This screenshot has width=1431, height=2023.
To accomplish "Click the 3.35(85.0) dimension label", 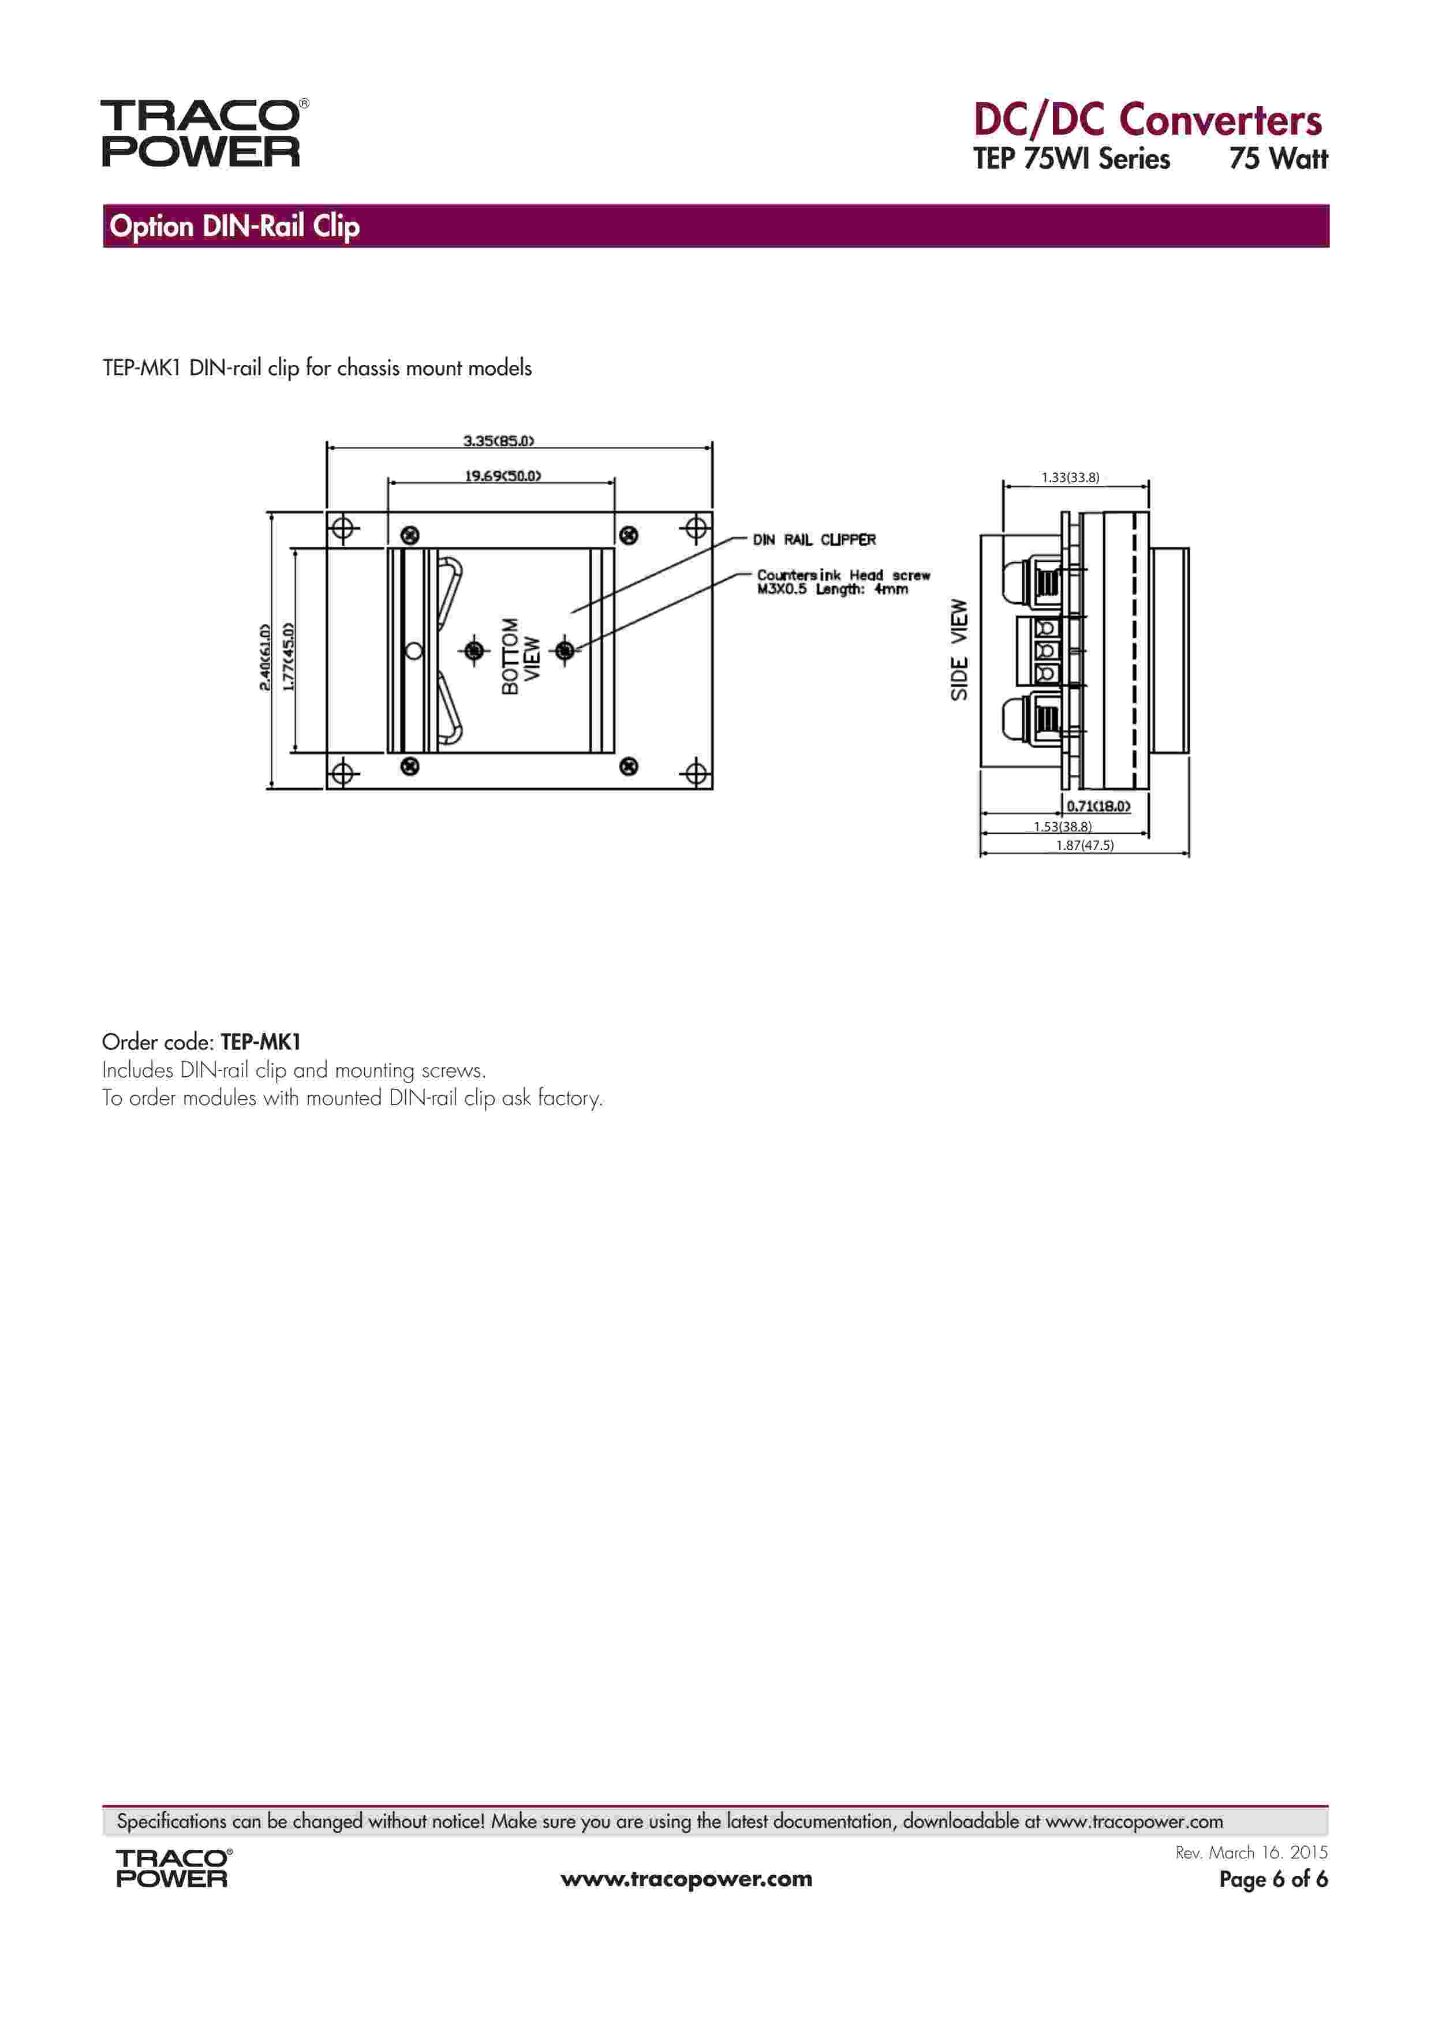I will tap(499, 441).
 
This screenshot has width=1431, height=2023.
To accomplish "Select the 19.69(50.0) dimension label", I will tap(502, 476).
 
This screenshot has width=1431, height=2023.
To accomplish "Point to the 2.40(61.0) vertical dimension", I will tap(264, 657).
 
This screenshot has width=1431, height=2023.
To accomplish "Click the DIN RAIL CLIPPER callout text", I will tap(814, 539).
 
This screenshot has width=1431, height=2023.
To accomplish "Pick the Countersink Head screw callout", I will tap(843, 581).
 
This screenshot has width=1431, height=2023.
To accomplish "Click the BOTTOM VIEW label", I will tap(521, 656).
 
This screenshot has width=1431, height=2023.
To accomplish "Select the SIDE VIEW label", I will tap(959, 650).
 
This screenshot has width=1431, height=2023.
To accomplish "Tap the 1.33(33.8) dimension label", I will tap(1070, 477).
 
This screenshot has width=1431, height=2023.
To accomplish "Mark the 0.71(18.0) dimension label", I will tap(1098, 805).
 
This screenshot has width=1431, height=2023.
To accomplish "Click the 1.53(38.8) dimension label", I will tap(1063, 827).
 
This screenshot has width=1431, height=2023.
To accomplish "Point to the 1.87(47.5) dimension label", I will tap(1085, 845).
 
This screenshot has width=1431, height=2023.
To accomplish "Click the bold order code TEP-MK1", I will tap(261, 1042).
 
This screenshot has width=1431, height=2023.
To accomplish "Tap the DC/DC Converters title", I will tap(1147, 120).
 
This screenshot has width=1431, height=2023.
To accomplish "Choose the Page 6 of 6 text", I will tap(1272, 1879).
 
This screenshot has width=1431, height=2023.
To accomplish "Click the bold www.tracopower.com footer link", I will tap(686, 1879).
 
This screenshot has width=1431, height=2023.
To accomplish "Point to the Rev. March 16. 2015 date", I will tap(1251, 1853).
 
